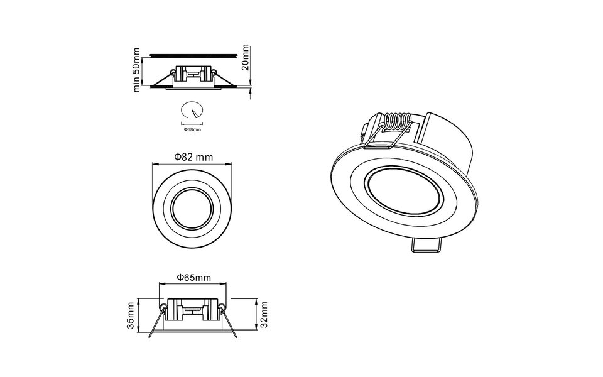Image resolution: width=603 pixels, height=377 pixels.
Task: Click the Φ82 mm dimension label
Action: [193, 156]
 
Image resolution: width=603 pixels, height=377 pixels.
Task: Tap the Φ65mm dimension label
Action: [193, 276]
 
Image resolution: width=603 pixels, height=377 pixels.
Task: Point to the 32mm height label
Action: [264, 314]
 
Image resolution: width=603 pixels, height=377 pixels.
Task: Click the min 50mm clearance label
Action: [136, 70]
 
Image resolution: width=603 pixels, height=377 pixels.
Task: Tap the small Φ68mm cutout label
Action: [192, 129]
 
